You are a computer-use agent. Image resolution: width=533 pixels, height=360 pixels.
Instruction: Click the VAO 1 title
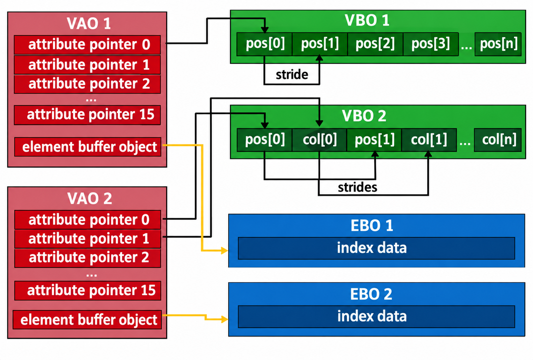click(x=88, y=23)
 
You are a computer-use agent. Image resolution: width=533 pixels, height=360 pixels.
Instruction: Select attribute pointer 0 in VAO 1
click(x=87, y=45)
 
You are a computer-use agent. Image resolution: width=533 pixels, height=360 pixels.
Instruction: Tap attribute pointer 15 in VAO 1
click(x=87, y=115)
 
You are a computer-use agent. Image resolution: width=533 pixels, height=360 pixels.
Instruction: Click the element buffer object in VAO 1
click(x=88, y=147)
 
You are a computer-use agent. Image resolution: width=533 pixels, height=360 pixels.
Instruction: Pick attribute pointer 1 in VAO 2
click(x=88, y=239)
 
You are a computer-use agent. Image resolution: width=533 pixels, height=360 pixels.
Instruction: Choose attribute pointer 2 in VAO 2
click(x=88, y=258)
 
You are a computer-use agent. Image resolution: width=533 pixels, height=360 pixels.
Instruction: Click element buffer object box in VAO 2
click(x=87, y=320)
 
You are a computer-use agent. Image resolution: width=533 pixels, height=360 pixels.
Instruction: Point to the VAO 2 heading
click(x=89, y=198)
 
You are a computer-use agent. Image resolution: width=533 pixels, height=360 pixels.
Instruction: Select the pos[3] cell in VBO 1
click(x=431, y=44)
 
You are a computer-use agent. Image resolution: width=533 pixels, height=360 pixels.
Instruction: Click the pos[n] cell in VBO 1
click(x=498, y=44)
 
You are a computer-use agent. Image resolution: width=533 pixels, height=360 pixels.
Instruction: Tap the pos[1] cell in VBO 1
click(x=320, y=44)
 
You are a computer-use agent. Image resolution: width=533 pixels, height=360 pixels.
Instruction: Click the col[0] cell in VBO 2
click(x=319, y=140)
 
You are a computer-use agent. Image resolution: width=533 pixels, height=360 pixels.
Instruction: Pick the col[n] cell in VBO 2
click(x=498, y=140)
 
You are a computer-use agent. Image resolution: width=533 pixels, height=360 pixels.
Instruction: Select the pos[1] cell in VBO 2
click(x=374, y=140)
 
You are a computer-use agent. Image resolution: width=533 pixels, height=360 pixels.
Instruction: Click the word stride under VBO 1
click(x=292, y=74)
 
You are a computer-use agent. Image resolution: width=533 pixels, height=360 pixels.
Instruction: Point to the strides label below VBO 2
click(x=357, y=187)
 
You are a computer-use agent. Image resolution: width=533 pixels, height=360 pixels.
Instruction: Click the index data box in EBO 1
click(x=377, y=248)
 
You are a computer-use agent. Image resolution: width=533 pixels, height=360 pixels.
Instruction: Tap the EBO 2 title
click(x=371, y=294)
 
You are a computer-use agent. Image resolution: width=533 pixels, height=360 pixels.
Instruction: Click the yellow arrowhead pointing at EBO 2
click(x=225, y=319)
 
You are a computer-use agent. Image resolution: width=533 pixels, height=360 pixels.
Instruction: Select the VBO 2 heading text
click(x=364, y=116)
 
